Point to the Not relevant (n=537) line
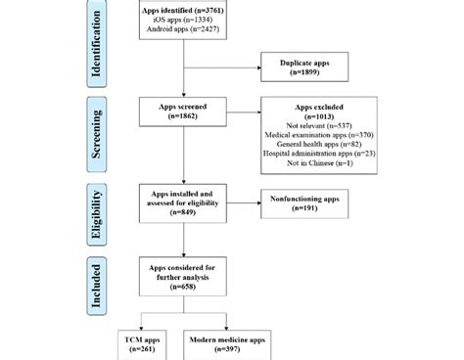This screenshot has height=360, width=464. [317, 125]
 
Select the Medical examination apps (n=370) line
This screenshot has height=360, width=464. [317, 135]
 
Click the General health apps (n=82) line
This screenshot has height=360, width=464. [317, 145]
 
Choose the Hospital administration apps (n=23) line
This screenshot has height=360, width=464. [317, 156]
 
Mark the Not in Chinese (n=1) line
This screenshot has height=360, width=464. [317, 165]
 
